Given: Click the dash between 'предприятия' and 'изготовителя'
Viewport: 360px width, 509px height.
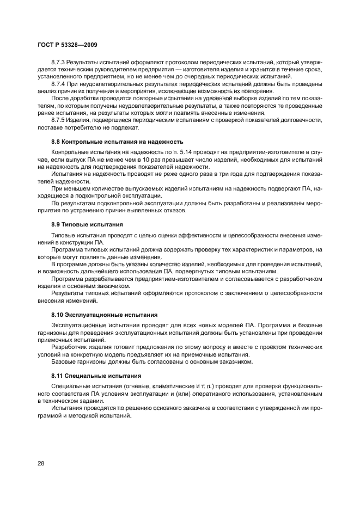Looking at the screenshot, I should point(184,71).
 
